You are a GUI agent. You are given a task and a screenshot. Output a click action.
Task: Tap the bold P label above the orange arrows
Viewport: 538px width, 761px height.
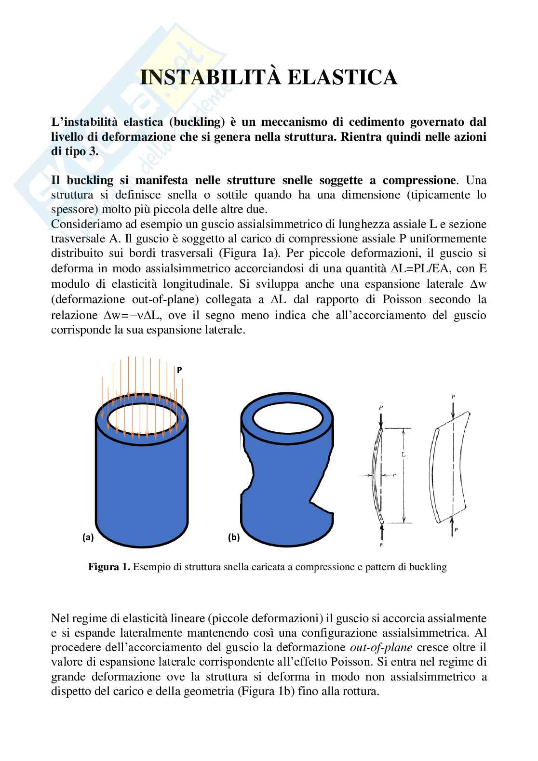point(179,370)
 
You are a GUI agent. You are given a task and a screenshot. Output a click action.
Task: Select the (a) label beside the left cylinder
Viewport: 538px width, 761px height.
point(88,538)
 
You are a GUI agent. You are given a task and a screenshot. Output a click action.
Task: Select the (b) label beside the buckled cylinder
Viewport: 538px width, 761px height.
point(233,538)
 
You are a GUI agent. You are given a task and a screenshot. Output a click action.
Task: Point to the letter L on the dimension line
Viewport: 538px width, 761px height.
point(403,454)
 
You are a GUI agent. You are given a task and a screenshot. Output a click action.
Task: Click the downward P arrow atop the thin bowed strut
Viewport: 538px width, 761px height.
point(381,417)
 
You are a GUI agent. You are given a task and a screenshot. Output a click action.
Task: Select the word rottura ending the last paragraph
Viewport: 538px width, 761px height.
point(361,691)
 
